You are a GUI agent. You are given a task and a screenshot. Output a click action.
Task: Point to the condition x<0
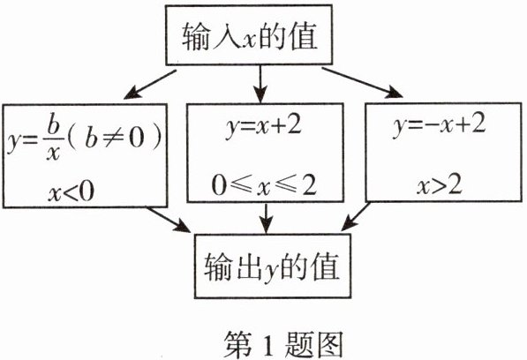tap(71, 192)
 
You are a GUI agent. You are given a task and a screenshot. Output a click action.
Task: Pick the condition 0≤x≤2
tap(264, 185)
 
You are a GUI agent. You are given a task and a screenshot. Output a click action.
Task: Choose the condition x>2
tap(440, 185)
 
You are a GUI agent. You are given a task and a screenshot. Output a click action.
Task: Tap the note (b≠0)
tap(115, 139)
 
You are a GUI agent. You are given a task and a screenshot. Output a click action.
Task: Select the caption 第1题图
tap(283, 345)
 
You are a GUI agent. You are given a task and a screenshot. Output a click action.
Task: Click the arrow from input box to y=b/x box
tap(150, 85)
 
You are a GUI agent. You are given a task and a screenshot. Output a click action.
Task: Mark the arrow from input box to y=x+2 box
tap(260, 83)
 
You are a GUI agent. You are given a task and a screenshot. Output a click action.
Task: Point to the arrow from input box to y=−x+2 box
tap(362, 83)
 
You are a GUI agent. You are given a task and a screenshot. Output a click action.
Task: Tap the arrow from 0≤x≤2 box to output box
tap(267, 218)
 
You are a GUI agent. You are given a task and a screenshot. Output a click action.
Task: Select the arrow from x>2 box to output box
tap(356, 216)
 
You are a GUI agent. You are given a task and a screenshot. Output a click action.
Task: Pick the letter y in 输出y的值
tap(271, 271)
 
